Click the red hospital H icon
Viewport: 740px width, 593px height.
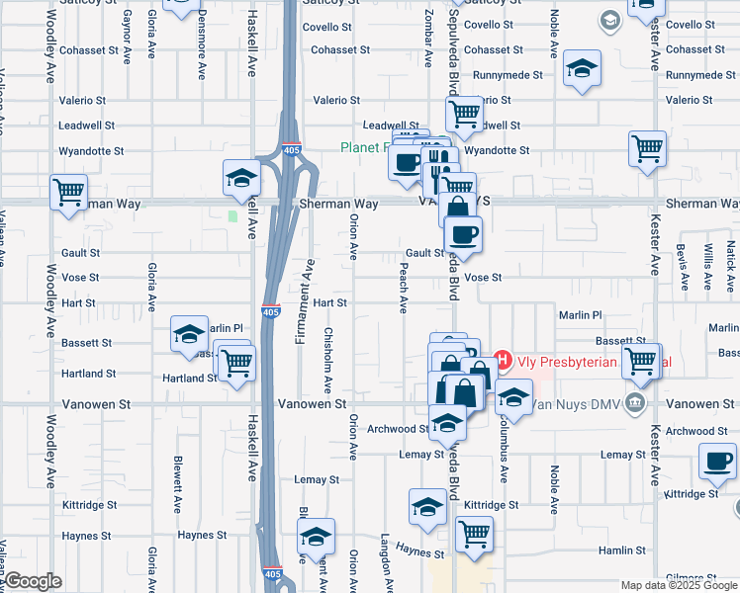click(502, 362)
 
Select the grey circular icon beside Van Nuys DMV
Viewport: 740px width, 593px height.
click(637, 403)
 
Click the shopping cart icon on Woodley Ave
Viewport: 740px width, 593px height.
click(68, 193)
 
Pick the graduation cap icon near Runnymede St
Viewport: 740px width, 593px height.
click(583, 69)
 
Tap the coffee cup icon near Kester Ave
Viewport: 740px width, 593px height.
click(717, 461)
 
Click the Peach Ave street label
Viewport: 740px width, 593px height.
click(404, 287)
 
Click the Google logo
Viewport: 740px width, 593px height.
click(32, 582)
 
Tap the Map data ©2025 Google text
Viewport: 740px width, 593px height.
click(680, 585)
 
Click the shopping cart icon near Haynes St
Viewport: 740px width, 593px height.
click(474, 535)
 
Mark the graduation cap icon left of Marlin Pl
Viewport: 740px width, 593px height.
click(189, 334)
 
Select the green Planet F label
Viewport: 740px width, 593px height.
click(365, 148)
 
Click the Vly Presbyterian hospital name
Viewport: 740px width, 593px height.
click(564, 362)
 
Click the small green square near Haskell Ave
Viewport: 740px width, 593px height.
click(233, 215)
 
